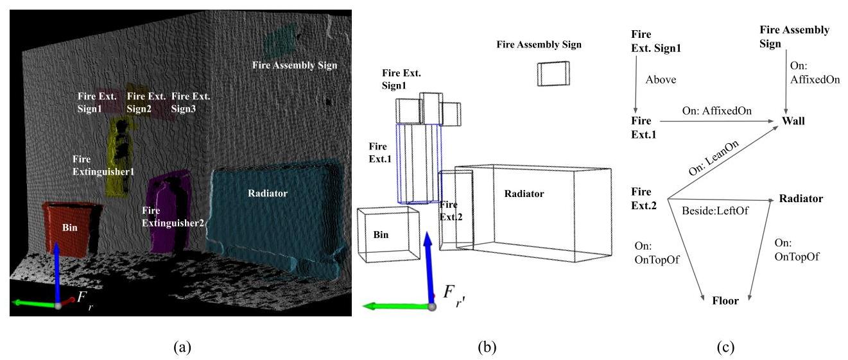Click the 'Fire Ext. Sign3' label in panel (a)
(191, 103)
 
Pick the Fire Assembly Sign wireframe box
(553, 73)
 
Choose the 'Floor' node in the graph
(725, 300)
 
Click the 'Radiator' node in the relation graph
(800, 199)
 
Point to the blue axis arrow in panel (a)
(58, 270)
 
